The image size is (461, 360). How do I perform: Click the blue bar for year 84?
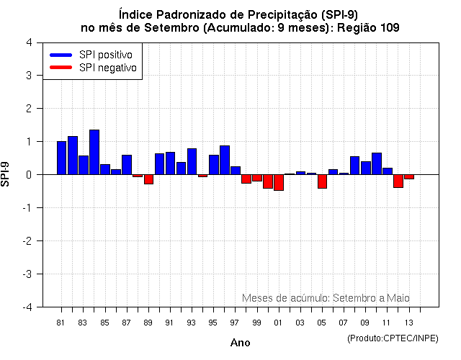tap(94, 152)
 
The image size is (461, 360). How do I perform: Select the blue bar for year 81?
tap(61, 158)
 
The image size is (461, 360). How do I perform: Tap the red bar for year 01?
tap(279, 182)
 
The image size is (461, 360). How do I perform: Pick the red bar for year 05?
tap(322, 181)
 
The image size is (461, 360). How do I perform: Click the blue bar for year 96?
tap(225, 160)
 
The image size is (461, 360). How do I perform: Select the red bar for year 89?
tap(148, 179)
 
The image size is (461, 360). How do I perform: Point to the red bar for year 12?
tap(398, 181)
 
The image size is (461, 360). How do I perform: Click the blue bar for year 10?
tap(377, 163)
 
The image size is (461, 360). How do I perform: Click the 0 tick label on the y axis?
tap(28, 175)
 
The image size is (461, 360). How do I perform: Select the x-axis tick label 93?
tap(192, 323)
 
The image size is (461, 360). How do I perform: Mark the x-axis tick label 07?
tap(344, 323)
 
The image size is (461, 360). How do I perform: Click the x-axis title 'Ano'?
tap(240, 343)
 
